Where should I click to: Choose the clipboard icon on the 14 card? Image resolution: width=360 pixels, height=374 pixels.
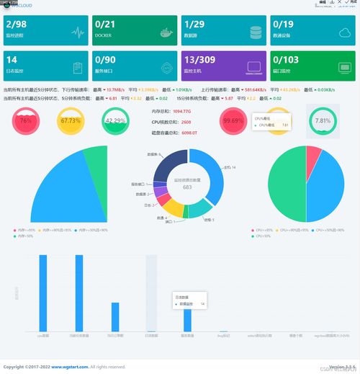78,68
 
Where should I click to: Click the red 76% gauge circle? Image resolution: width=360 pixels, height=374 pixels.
26,121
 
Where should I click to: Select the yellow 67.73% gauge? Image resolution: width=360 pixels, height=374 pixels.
70,121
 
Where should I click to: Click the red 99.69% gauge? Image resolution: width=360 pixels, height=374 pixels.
233,121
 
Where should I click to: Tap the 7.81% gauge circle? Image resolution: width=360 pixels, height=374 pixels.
323,121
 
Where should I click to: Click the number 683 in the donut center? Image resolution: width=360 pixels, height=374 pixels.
187,187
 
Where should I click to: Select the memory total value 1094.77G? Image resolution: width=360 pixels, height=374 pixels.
182,112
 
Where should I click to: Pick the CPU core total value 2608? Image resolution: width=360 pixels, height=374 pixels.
180,123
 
